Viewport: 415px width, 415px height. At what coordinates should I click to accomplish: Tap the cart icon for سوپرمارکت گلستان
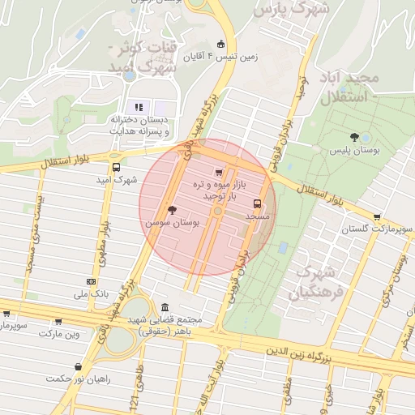[x=378, y=216]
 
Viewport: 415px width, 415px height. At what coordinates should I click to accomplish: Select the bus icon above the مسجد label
[x=258, y=203]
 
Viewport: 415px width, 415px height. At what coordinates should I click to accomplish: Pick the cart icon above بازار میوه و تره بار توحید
[x=218, y=172]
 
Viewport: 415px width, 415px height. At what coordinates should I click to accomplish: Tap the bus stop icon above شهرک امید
[x=115, y=165]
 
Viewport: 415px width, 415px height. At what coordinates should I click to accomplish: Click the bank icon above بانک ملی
[x=90, y=280]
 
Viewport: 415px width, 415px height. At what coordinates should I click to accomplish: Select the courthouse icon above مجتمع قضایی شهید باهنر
[x=166, y=308]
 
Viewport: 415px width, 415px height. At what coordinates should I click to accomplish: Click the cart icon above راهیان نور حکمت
[x=78, y=366]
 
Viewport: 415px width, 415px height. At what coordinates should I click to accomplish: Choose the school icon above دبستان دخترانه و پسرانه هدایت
[x=139, y=107]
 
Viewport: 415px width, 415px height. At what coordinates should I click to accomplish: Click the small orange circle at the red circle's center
[x=217, y=211]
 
